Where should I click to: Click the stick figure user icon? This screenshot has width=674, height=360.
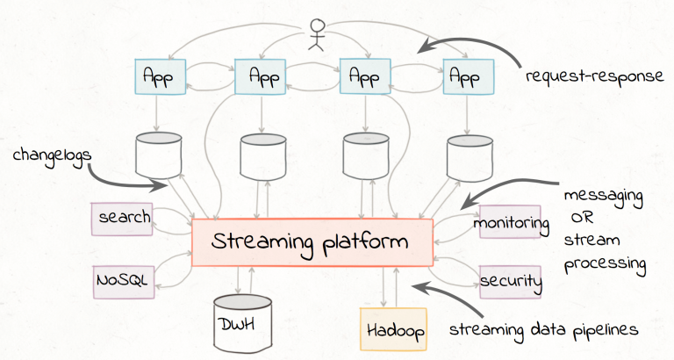(x=316, y=35)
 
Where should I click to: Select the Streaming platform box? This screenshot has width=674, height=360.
(x=312, y=242)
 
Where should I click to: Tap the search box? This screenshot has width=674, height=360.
(x=122, y=219)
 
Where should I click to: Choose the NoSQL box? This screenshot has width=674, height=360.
(x=124, y=282)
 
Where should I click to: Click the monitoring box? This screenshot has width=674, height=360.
(x=510, y=222)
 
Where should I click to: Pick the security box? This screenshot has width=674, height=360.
(x=510, y=282)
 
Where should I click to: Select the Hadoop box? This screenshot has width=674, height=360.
(x=393, y=329)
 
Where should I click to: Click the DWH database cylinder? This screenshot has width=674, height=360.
(x=242, y=323)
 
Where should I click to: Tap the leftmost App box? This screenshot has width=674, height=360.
(x=161, y=76)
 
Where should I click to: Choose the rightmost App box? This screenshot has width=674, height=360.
(x=468, y=76)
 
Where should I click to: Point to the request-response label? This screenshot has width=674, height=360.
(x=595, y=76)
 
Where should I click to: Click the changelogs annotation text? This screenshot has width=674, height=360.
(x=52, y=155)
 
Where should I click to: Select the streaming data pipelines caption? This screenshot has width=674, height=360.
(x=544, y=330)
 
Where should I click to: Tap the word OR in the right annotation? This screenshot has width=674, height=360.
(x=583, y=218)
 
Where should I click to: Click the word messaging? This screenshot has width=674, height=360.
(x=604, y=197)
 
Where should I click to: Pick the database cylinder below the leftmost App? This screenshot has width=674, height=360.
(x=159, y=155)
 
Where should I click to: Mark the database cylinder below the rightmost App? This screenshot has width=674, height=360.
(x=470, y=158)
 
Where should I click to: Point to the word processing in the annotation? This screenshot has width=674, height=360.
(x=605, y=263)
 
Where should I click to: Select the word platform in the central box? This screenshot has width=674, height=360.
(x=365, y=243)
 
